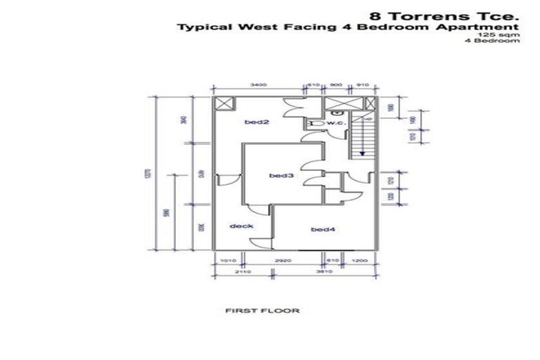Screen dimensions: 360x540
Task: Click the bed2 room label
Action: (257, 122)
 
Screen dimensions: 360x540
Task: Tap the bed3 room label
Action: (281, 175)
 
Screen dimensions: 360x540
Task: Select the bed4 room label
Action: (323, 229)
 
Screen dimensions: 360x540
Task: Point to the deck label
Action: (241, 226)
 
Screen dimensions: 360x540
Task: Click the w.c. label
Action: (335, 123)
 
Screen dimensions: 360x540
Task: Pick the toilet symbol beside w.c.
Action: (316, 123)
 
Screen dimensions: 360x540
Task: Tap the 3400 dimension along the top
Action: (257, 84)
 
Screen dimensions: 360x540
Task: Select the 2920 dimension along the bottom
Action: (283, 260)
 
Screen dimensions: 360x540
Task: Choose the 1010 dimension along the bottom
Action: (225, 260)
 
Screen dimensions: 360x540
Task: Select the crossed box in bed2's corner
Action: (224, 104)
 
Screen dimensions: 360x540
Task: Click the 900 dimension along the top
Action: (335, 84)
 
